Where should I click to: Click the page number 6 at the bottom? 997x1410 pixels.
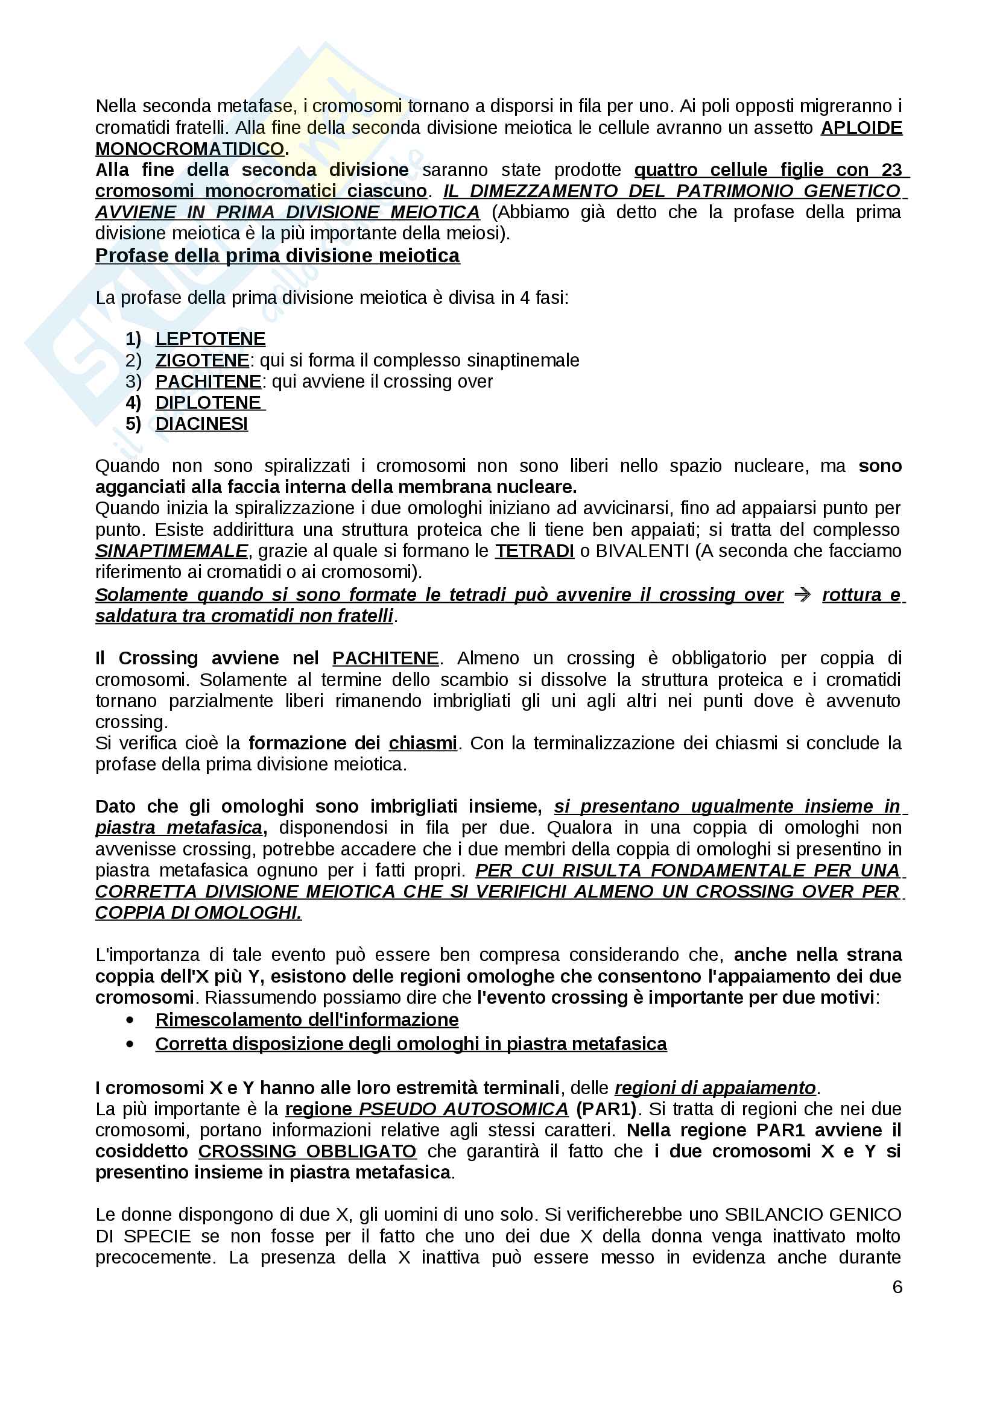pyautogui.click(x=897, y=1287)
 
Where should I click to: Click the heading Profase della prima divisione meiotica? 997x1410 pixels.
pyautogui.click(x=277, y=256)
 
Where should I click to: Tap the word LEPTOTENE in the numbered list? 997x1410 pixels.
pyautogui.click(x=210, y=338)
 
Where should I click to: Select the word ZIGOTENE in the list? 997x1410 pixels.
pyautogui.click(x=202, y=360)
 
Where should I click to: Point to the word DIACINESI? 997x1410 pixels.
pyautogui.click(x=201, y=424)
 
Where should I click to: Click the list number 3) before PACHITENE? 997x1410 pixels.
pyautogui.click(x=133, y=382)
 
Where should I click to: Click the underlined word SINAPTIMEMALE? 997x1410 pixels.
pyautogui.click(x=171, y=551)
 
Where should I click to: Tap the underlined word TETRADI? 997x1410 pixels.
pyautogui.click(x=534, y=551)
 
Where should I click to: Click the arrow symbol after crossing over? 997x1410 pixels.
pyautogui.click(x=802, y=594)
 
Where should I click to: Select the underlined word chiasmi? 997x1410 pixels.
pyautogui.click(x=423, y=743)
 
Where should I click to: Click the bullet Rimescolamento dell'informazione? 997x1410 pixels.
pyautogui.click(x=306, y=1019)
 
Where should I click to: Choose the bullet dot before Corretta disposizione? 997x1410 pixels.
pyautogui.click(x=130, y=1044)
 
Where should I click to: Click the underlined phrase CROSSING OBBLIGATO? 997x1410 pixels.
pyautogui.click(x=307, y=1151)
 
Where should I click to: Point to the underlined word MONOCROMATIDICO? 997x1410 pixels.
pyautogui.click(x=190, y=149)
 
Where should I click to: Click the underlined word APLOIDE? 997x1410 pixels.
pyautogui.click(x=861, y=128)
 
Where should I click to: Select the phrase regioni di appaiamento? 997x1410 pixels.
pyautogui.click(x=715, y=1087)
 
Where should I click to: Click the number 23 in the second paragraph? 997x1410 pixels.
pyautogui.click(x=891, y=169)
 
